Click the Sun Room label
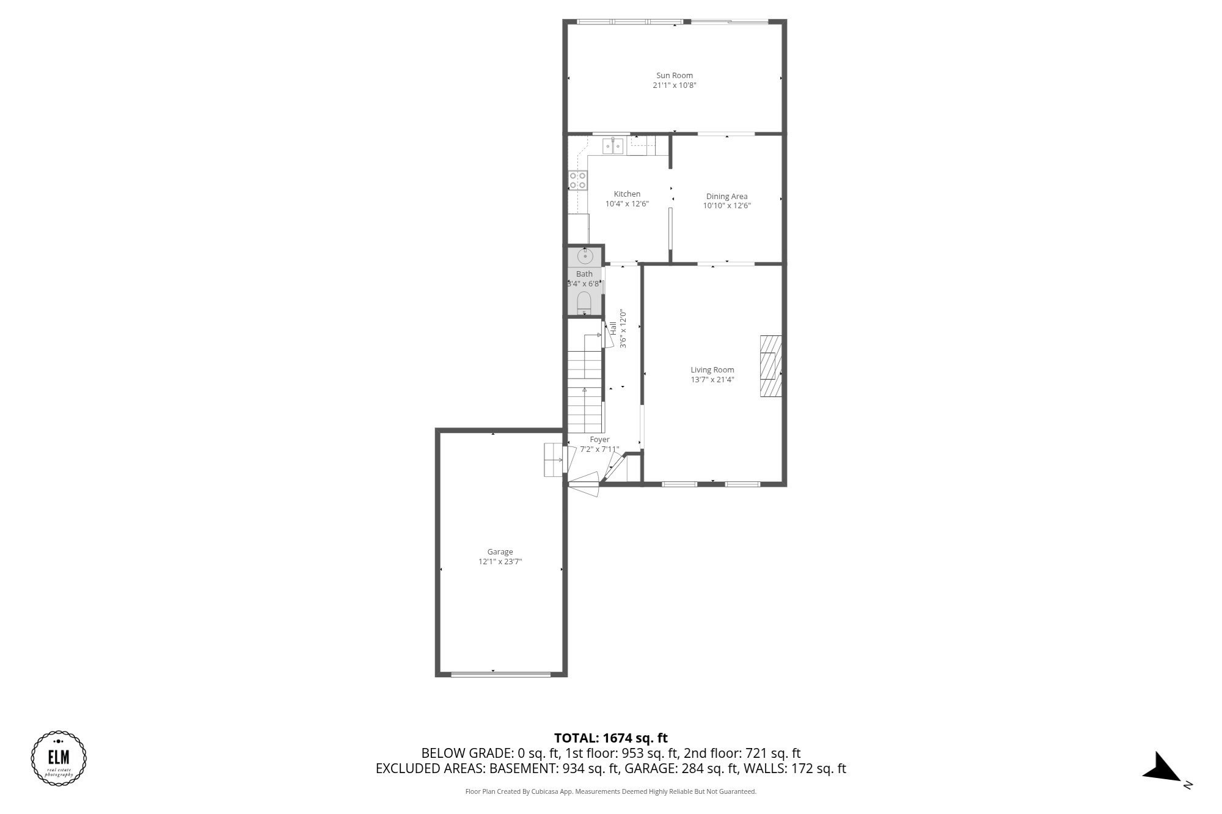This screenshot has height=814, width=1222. [x=674, y=76]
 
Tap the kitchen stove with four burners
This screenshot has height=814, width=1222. [x=578, y=180]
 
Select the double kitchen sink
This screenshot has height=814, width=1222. [x=613, y=147]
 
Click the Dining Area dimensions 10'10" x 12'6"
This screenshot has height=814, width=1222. [x=726, y=206]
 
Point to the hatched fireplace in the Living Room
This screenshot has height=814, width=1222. [x=770, y=366]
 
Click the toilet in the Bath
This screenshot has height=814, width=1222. [x=584, y=302]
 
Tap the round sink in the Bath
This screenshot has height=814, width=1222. [x=585, y=256]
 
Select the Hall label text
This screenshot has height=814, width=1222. [x=613, y=328]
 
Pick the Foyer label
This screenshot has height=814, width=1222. [x=599, y=439]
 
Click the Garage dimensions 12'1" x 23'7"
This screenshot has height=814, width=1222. [x=500, y=561]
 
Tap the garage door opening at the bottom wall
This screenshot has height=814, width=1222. [x=500, y=674]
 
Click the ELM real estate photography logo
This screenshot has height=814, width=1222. [x=59, y=758]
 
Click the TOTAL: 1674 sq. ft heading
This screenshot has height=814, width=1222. [x=610, y=738]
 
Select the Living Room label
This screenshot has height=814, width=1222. [x=712, y=369]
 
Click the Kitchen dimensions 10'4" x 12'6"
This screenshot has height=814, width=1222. [x=627, y=204]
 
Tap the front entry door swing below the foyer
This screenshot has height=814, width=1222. [x=584, y=482]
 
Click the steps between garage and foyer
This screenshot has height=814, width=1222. [x=553, y=460]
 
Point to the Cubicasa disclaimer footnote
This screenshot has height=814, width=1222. [x=610, y=791]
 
